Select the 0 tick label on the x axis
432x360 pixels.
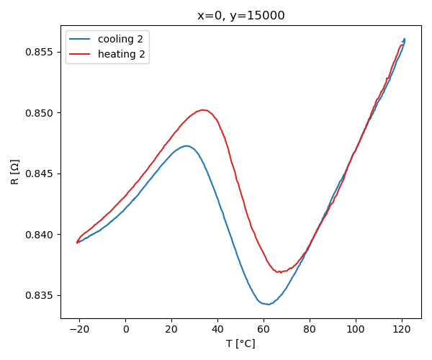pyautogui.click(x=125, y=330)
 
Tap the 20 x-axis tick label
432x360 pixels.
pyautogui.click(x=171, y=330)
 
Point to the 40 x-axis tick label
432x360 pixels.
pyautogui.click(x=217, y=330)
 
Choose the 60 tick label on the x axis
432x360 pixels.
pyautogui.click(x=264, y=330)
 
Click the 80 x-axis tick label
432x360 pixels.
pyautogui.click(x=310, y=330)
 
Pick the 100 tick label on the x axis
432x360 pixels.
pyautogui.click(x=356, y=330)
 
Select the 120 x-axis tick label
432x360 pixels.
pyautogui.click(x=402, y=330)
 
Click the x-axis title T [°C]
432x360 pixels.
pyautogui.click(x=240, y=343)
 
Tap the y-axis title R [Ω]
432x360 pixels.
pyautogui.click(x=15, y=172)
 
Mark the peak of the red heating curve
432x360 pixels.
pyautogui.click(x=204, y=109)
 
